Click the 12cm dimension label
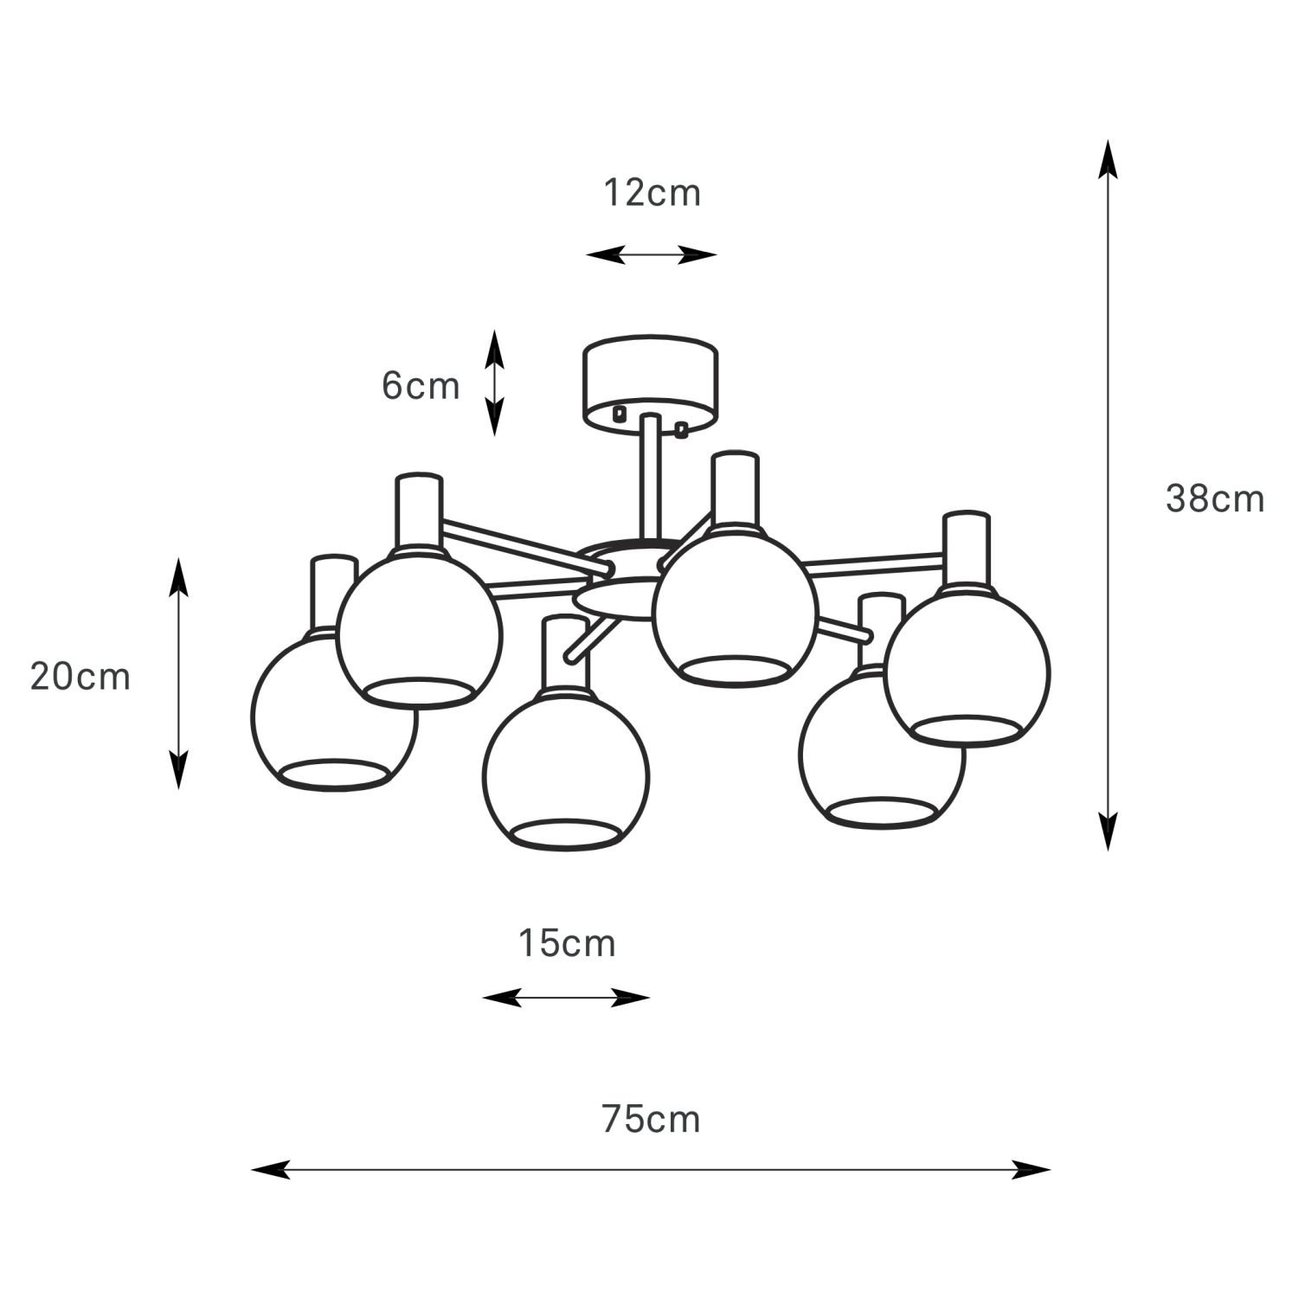point(652,194)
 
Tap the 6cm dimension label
point(421,386)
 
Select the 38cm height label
point(1215,499)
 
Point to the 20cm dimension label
point(80,676)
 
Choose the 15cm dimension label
point(567,943)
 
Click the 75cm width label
point(651,1120)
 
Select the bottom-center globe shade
point(566,770)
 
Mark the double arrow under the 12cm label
point(652,254)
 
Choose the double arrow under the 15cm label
point(566,998)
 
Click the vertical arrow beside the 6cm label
point(493,382)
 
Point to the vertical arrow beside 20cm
point(177,673)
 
